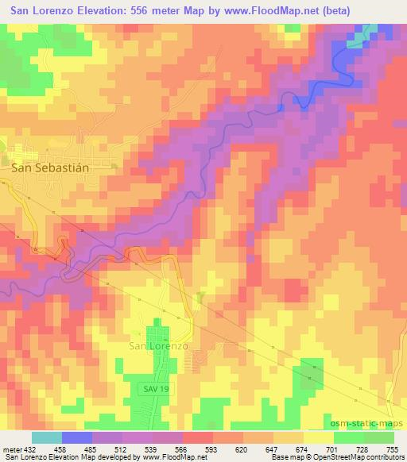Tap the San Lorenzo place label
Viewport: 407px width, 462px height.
tap(158, 346)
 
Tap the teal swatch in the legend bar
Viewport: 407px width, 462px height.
tap(46, 437)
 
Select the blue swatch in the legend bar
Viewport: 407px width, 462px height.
tap(77, 437)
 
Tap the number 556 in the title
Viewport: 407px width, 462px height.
tap(140, 9)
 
